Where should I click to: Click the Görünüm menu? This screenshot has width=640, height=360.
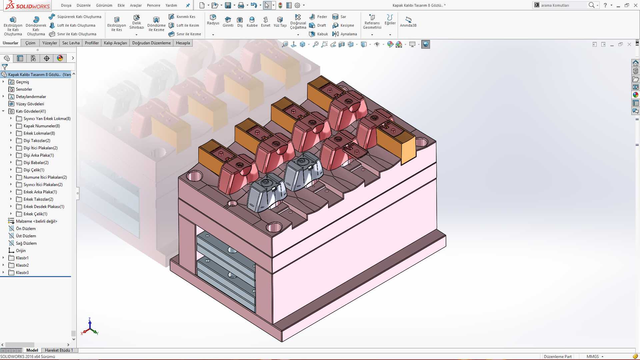pyautogui.click(x=104, y=5)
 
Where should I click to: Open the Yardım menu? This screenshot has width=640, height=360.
pyautogui.click(x=171, y=5)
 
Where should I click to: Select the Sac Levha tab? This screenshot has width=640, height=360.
pyautogui.click(x=71, y=43)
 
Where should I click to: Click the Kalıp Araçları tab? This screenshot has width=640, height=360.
pyautogui.click(x=115, y=43)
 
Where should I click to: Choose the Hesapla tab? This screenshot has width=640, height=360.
pyautogui.click(x=183, y=43)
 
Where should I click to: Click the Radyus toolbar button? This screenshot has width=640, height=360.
pyautogui.click(x=213, y=20)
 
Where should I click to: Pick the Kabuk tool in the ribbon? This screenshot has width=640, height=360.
pyautogui.click(x=319, y=34)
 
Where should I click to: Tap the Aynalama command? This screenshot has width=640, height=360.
pyautogui.click(x=345, y=34)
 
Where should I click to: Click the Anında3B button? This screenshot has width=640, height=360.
pyautogui.click(x=408, y=22)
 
